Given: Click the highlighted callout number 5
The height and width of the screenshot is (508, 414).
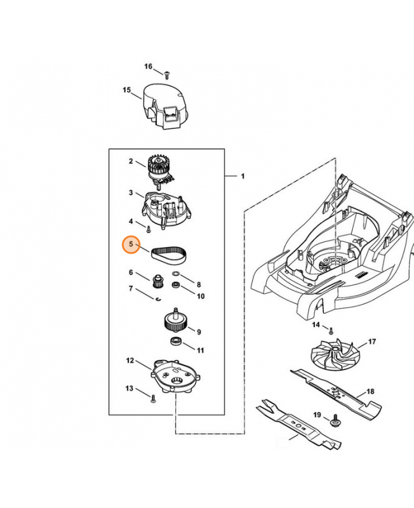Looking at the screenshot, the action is pos(131,244).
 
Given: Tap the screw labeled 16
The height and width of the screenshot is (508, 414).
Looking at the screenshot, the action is pos(167,75).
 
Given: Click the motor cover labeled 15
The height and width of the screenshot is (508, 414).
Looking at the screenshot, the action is pos(164,106).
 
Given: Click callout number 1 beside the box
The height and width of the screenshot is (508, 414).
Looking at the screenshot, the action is pos(243,177).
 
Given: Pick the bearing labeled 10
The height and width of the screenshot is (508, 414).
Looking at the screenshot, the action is pos(177,285).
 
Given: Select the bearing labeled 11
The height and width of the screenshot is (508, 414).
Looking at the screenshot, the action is pos(175,342).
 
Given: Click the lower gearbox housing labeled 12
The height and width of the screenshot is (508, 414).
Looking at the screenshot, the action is pos(175,377).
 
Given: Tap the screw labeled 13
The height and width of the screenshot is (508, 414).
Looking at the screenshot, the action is pos(154,399).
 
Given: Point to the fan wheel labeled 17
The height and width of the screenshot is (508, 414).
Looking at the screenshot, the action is pos(335,355).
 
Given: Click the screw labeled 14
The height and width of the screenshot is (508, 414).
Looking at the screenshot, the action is pos(331,331).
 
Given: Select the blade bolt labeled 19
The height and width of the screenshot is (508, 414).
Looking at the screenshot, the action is pos(334,422).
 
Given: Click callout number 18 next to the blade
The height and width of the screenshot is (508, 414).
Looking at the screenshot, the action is pos(370,391).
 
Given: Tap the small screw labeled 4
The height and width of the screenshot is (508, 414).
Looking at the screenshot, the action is pos(149,229).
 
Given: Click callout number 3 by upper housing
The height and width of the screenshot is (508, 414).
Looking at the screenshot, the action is pos(131,193).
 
